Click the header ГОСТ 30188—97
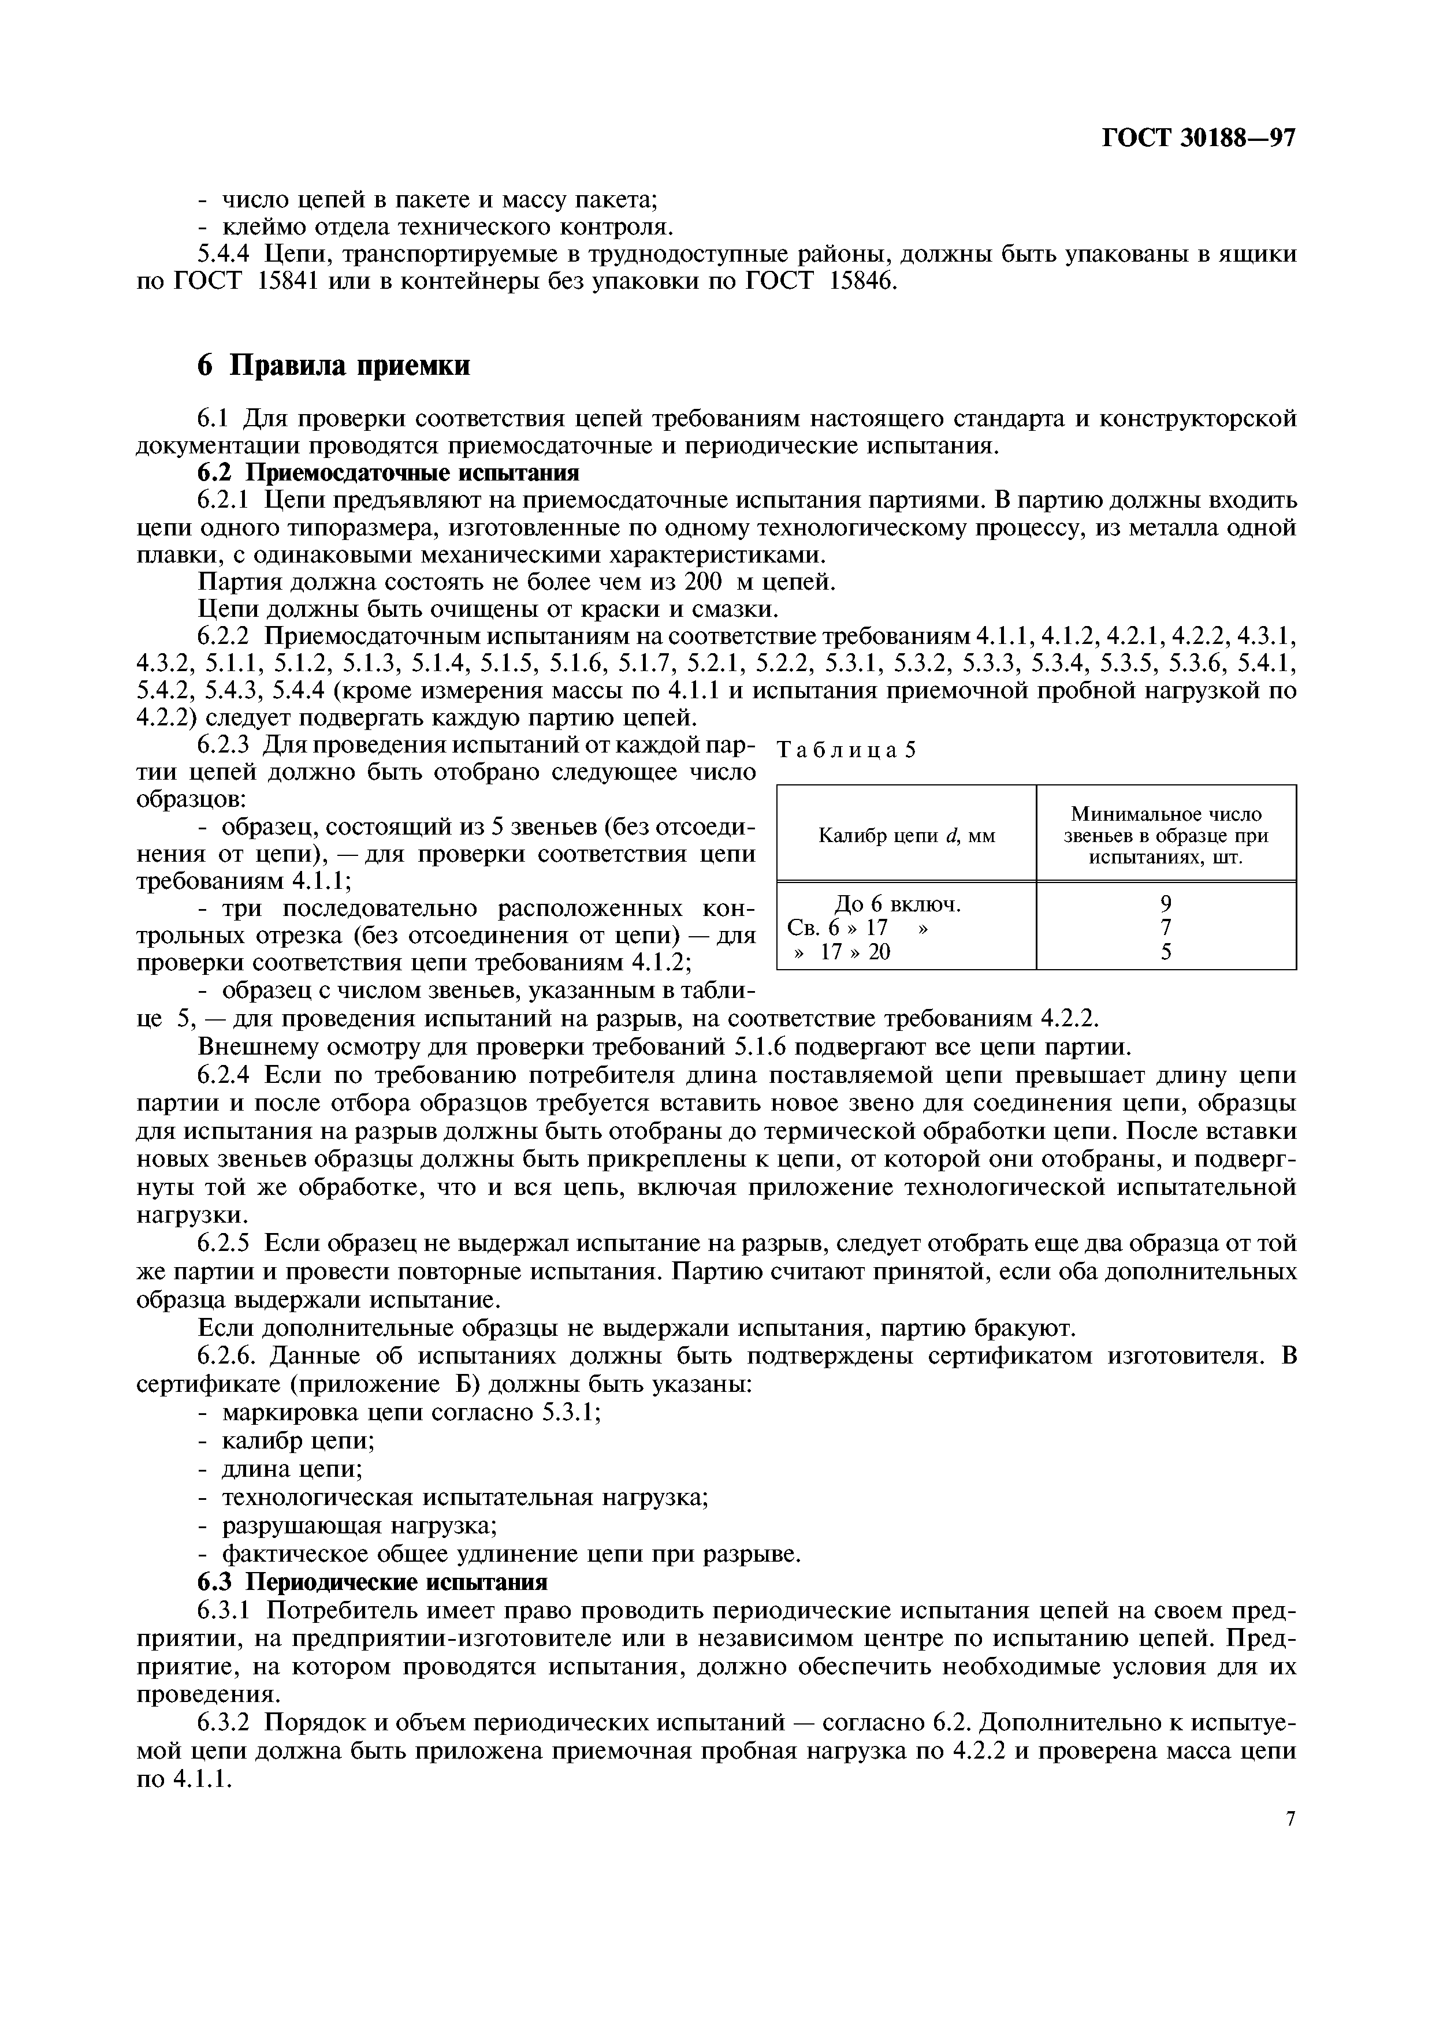[1198, 139]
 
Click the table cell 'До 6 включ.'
[897, 904]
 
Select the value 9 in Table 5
[1166, 904]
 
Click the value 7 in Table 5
[1166, 928]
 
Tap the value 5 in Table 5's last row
[1166, 952]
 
